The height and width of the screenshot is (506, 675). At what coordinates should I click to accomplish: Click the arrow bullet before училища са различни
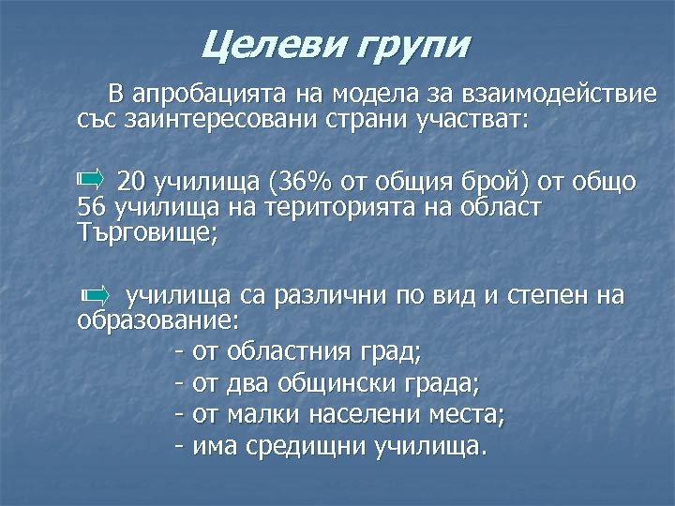tap(95, 295)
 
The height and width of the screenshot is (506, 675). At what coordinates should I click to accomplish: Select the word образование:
tap(158, 322)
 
